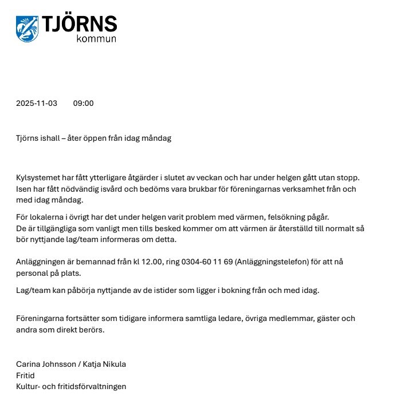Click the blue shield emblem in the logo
(27, 29)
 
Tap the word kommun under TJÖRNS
(96, 39)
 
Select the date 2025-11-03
(37, 104)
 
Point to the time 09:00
(84, 104)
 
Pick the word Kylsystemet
(39, 178)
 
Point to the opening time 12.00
(150, 262)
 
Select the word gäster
(328, 319)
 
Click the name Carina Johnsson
(44, 365)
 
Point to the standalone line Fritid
(25, 375)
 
